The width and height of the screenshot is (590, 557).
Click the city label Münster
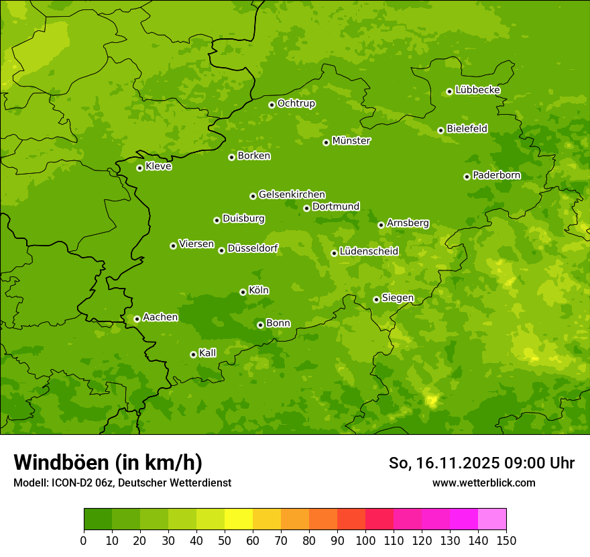click(351, 141)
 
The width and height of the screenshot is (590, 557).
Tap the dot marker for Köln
click(243, 292)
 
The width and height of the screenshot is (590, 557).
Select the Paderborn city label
click(497, 175)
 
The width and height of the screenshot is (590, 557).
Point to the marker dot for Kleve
click(139, 168)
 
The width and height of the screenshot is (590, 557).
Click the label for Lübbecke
click(477, 90)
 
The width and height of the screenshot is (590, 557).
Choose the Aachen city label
click(160, 317)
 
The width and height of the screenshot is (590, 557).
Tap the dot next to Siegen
click(376, 299)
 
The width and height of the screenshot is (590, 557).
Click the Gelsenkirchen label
click(292, 195)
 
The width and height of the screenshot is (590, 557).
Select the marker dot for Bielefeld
click(440, 130)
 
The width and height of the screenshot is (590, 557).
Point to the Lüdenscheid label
click(369, 252)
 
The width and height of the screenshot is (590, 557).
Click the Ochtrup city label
click(296, 103)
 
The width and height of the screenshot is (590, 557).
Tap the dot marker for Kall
click(193, 354)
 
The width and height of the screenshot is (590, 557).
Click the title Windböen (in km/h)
click(108, 462)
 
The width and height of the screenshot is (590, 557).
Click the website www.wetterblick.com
click(483, 483)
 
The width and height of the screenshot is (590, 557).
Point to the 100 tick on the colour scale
click(365, 541)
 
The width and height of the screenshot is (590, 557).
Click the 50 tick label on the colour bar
click(225, 541)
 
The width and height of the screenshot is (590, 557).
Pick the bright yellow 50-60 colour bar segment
click(239, 519)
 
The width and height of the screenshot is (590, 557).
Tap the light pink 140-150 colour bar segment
click(492, 519)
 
